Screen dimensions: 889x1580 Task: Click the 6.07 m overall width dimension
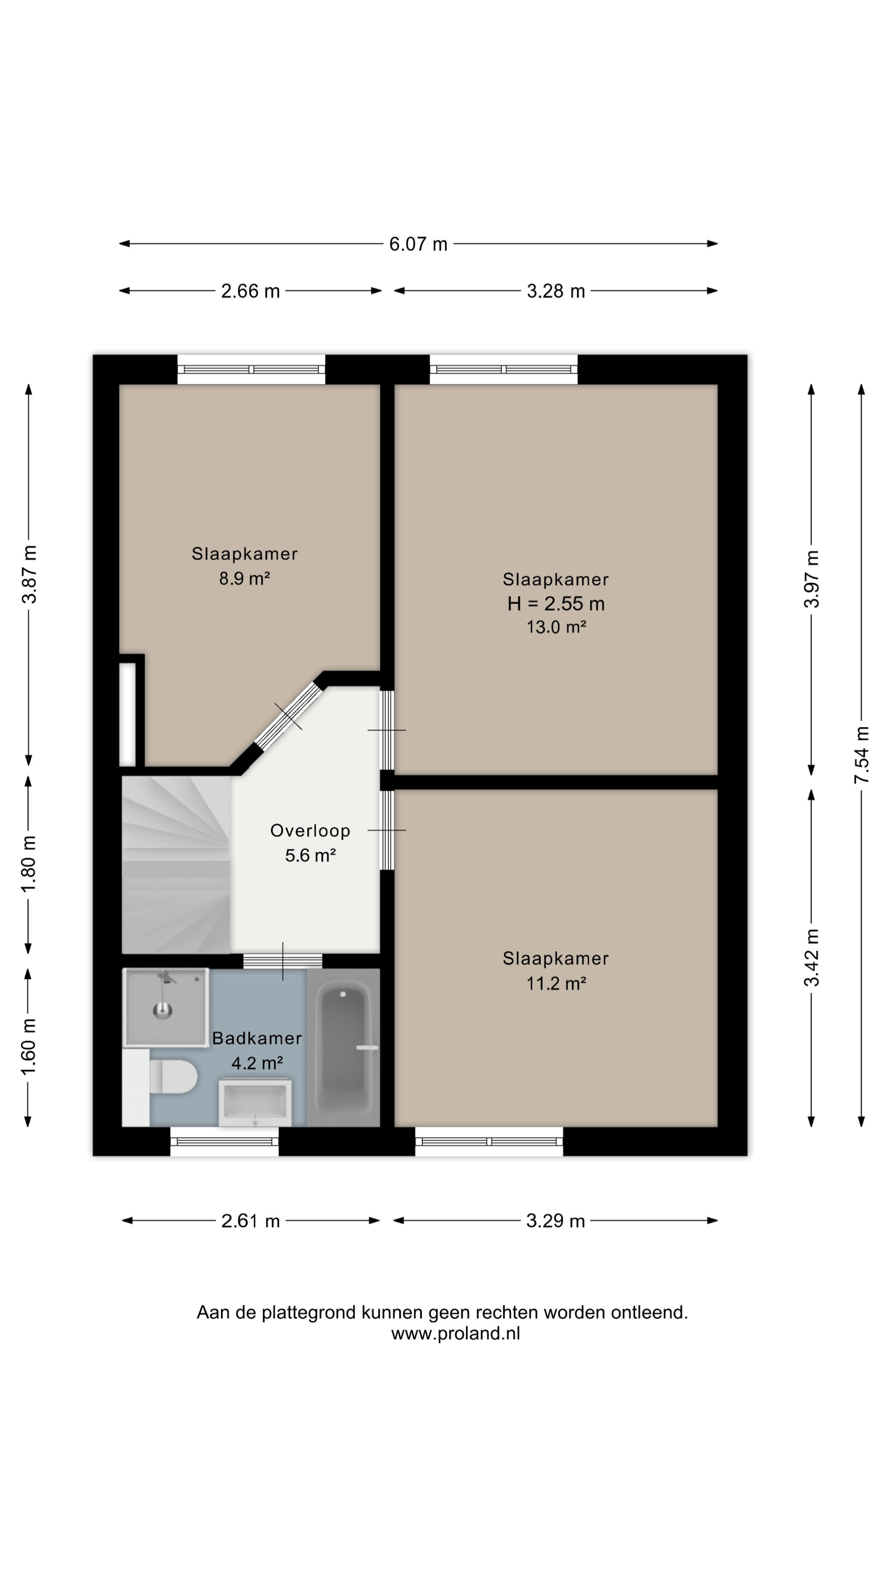(419, 244)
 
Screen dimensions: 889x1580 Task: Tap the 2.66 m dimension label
(250, 291)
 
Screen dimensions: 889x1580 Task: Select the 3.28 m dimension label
(556, 291)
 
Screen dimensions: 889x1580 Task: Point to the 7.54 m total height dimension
(861, 755)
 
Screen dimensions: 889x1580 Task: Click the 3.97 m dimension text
(812, 579)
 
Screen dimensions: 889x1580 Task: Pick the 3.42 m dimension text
(812, 958)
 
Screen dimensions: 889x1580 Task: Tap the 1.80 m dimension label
(29, 864)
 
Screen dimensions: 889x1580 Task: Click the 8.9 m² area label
(245, 579)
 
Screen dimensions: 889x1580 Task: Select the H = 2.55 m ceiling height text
(556, 604)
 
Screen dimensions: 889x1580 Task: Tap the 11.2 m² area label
(556, 984)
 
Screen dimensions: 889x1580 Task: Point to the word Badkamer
(257, 1039)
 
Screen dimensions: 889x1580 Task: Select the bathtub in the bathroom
(343, 1047)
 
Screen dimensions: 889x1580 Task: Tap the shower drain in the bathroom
(162, 1010)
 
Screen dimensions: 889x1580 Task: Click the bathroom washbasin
(255, 1104)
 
